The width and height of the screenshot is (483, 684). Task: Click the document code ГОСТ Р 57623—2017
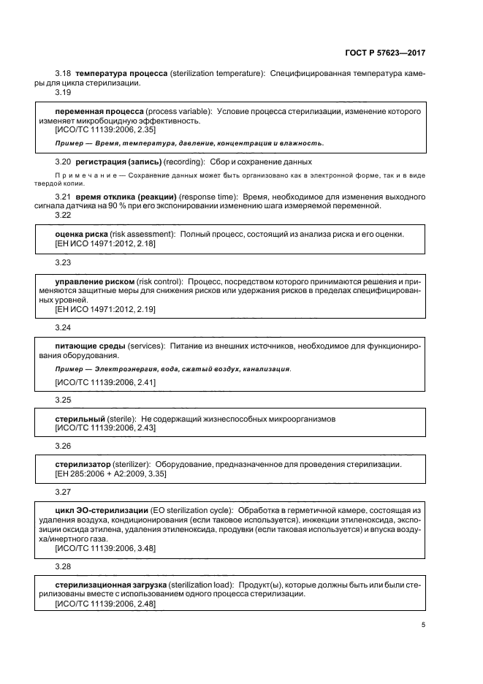click(385, 53)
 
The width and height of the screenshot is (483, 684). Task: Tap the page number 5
click(423, 624)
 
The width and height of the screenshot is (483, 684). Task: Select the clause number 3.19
click(64, 92)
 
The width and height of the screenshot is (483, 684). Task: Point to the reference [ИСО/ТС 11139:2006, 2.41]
click(99, 381)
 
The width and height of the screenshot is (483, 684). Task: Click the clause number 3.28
click(64, 566)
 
